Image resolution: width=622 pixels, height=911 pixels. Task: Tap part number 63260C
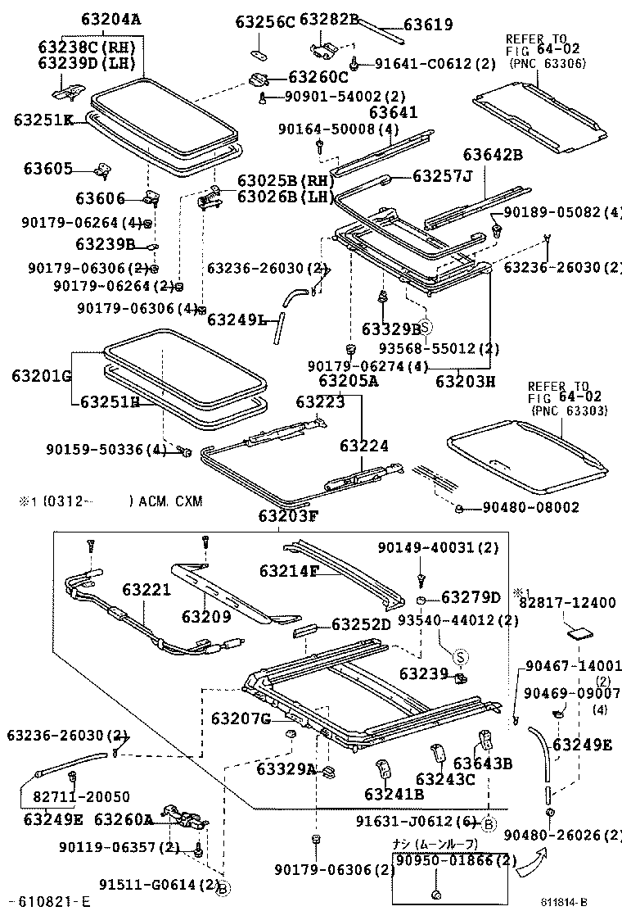[318, 78]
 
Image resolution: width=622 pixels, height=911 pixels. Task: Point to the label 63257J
[443, 175]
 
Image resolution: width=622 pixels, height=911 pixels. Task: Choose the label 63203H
[466, 381]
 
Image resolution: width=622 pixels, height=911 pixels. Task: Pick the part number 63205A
[348, 381]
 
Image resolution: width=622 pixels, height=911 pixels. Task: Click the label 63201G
[42, 376]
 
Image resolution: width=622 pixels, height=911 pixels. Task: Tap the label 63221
[147, 590]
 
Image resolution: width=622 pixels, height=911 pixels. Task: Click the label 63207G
[241, 719]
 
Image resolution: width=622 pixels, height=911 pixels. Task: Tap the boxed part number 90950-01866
[447, 860]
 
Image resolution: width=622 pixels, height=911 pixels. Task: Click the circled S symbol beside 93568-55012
[425, 325]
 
